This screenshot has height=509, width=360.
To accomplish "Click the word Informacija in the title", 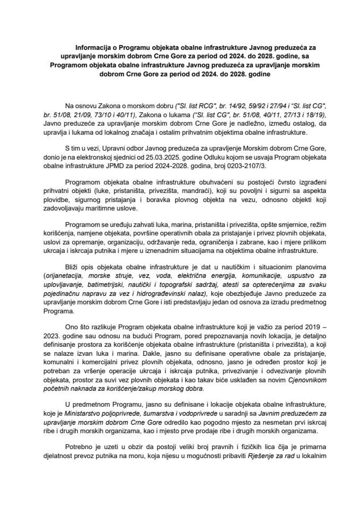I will pyautogui.click(x=92, y=46).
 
